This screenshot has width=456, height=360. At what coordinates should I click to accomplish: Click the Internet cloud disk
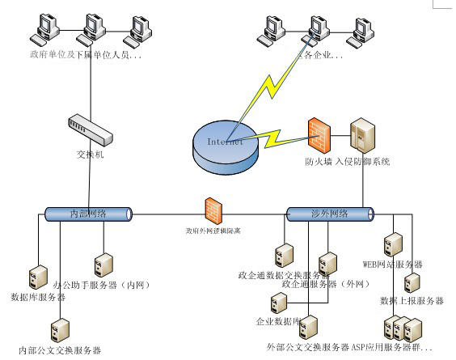226,143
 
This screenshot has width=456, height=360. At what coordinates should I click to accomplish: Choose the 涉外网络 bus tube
330,214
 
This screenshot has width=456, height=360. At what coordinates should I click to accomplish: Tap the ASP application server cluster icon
402,328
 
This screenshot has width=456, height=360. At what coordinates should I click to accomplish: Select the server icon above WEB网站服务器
394,244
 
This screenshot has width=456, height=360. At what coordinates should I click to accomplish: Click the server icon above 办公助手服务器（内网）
103,264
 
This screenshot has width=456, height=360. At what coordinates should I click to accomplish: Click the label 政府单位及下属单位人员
84,56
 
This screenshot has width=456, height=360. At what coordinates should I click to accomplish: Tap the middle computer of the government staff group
88,32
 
